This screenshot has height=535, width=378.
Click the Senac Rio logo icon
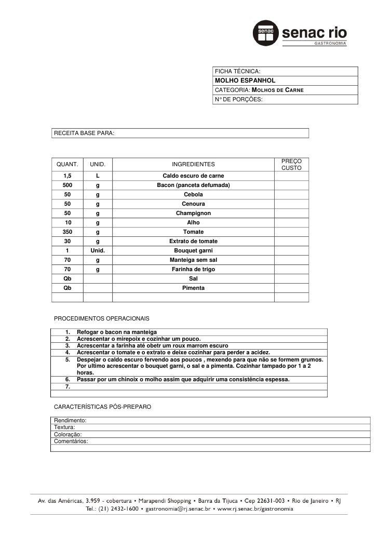tap(266, 34)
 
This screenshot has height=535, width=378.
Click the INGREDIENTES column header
tap(193, 165)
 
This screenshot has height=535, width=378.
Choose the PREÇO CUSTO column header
tap(291, 165)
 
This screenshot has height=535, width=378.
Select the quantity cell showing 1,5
tap(67, 176)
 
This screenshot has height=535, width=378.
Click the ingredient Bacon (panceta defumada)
tap(193, 185)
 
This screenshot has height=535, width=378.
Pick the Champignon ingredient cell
tap(193, 213)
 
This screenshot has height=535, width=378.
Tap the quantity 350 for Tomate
tap(67, 232)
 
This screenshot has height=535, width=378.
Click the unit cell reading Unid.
tap(98, 251)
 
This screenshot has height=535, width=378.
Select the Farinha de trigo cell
tap(193, 270)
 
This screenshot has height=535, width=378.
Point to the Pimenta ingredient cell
tap(193, 288)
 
